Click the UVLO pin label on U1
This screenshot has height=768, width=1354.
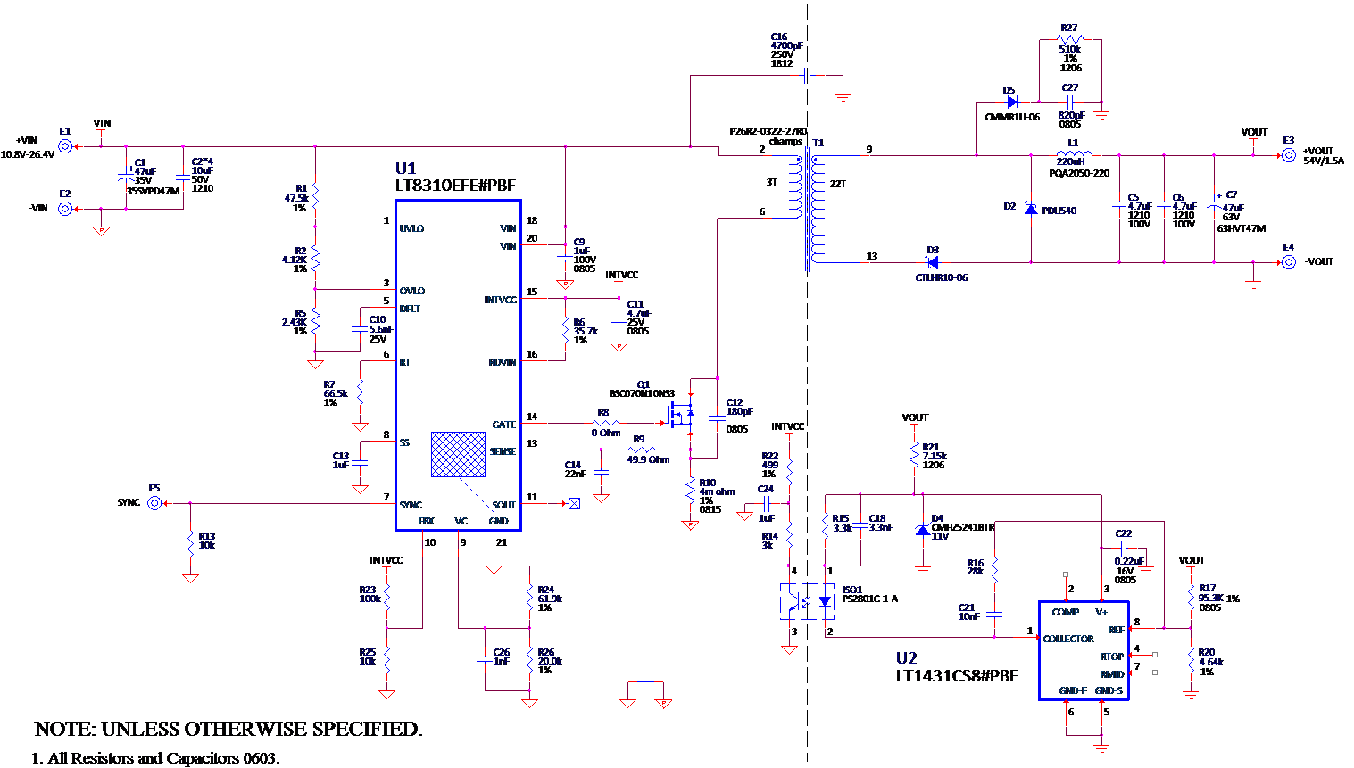411,228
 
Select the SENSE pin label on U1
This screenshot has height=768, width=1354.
503,451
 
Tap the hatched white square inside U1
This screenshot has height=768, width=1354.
458,455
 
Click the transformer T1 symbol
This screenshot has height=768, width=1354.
808,209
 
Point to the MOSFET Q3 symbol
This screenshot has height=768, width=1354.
681,414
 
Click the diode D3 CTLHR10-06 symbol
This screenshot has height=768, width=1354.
932,262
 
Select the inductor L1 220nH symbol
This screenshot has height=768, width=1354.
1073,155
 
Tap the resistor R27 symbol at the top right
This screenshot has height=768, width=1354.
1069,40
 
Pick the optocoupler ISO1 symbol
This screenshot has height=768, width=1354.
807,602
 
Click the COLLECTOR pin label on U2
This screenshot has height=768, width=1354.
1067,639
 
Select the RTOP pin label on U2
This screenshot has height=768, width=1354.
1111,657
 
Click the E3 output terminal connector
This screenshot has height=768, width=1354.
1288,155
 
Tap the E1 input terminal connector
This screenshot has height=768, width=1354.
65,146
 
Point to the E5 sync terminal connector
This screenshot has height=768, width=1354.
154,503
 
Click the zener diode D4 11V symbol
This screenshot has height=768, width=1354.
923,530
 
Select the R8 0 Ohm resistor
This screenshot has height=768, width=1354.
605,423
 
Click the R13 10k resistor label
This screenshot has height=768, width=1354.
206,541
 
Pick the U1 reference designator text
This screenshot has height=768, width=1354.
405,169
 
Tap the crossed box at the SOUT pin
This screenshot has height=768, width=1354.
574,504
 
